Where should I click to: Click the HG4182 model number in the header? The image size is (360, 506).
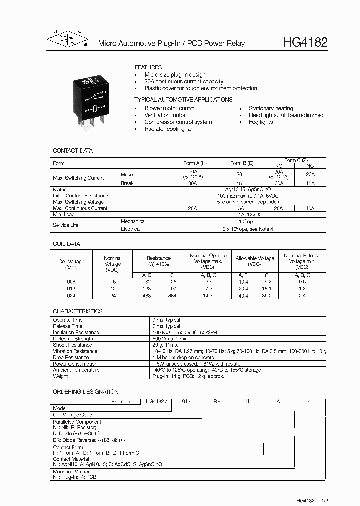tap(305, 43)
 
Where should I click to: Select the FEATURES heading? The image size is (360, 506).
tap(148, 67)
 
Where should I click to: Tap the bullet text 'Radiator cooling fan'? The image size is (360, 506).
tap(169, 129)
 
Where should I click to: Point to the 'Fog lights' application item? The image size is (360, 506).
tap(261, 122)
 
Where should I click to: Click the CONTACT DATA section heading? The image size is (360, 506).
tap(73, 151)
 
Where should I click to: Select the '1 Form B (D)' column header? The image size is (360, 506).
tap(240, 163)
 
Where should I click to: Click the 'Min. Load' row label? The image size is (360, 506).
tap(64, 214)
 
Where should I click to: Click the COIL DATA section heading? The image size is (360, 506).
tap(66, 244)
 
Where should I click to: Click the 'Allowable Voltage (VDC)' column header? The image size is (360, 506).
tap(255, 261)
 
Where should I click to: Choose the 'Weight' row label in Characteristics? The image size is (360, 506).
tap(60, 376)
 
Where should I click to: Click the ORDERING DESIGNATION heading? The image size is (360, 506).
tap(86, 392)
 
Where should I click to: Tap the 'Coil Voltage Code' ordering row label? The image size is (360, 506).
tap(73, 415)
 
